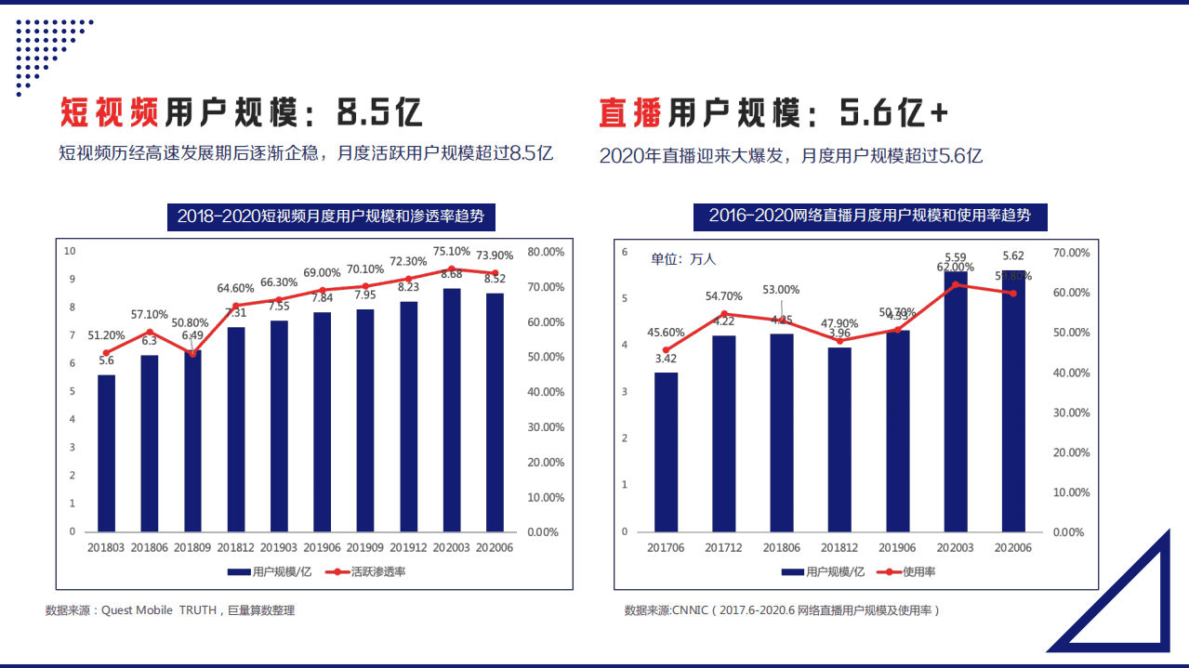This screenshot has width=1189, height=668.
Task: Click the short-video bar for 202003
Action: [x=452, y=410]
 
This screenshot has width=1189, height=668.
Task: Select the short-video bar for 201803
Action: [x=107, y=453]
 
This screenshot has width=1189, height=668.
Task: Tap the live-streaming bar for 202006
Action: [x=1013, y=401]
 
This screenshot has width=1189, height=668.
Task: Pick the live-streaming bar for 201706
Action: [x=666, y=452]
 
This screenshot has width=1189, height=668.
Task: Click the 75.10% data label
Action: [x=452, y=252]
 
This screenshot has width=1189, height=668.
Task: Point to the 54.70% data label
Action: [x=723, y=296]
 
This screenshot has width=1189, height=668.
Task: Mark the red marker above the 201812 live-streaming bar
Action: [x=839, y=341]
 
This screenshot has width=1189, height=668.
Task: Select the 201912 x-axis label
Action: [x=409, y=548]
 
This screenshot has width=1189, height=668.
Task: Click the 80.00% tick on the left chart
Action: [x=545, y=252]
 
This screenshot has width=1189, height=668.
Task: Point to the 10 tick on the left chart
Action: [x=70, y=251]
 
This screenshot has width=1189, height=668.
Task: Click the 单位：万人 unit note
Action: [x=683, y=259]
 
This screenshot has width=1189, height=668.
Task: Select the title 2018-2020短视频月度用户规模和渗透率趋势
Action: [x=330, y=216]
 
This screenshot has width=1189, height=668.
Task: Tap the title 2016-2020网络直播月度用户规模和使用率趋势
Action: [x=869, y=216]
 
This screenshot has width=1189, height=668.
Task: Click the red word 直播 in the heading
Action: [x=630, y=113]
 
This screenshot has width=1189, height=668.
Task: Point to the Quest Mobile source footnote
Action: [x=170, y=610]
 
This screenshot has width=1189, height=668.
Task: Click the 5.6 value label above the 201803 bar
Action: [x=106, y=360]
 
